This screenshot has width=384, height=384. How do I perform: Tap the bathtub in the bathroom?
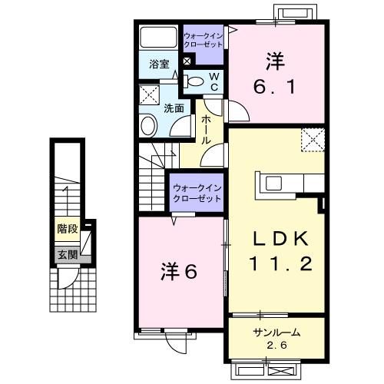coord(160,38)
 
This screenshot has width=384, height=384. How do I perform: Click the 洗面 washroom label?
coord(174,108)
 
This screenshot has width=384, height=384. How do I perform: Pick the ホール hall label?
coord(207,131)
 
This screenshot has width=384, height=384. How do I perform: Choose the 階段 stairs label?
coord(68,229)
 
